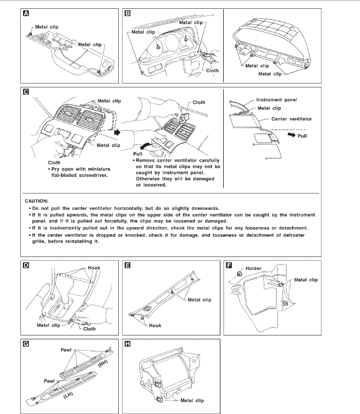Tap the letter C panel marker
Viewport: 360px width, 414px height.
(26, 93)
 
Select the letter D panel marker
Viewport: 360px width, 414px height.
(26, 265)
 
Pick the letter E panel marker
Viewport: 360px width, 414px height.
(128, 265)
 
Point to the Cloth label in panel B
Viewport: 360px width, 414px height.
(212, 70)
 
